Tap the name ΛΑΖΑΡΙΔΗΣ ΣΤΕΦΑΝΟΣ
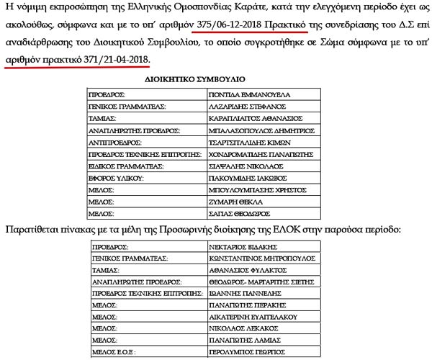(244, 106)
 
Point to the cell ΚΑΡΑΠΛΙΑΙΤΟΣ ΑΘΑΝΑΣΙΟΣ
(249, 118)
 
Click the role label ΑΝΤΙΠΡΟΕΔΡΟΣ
(114, 143)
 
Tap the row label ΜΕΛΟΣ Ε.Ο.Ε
(112, 353)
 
